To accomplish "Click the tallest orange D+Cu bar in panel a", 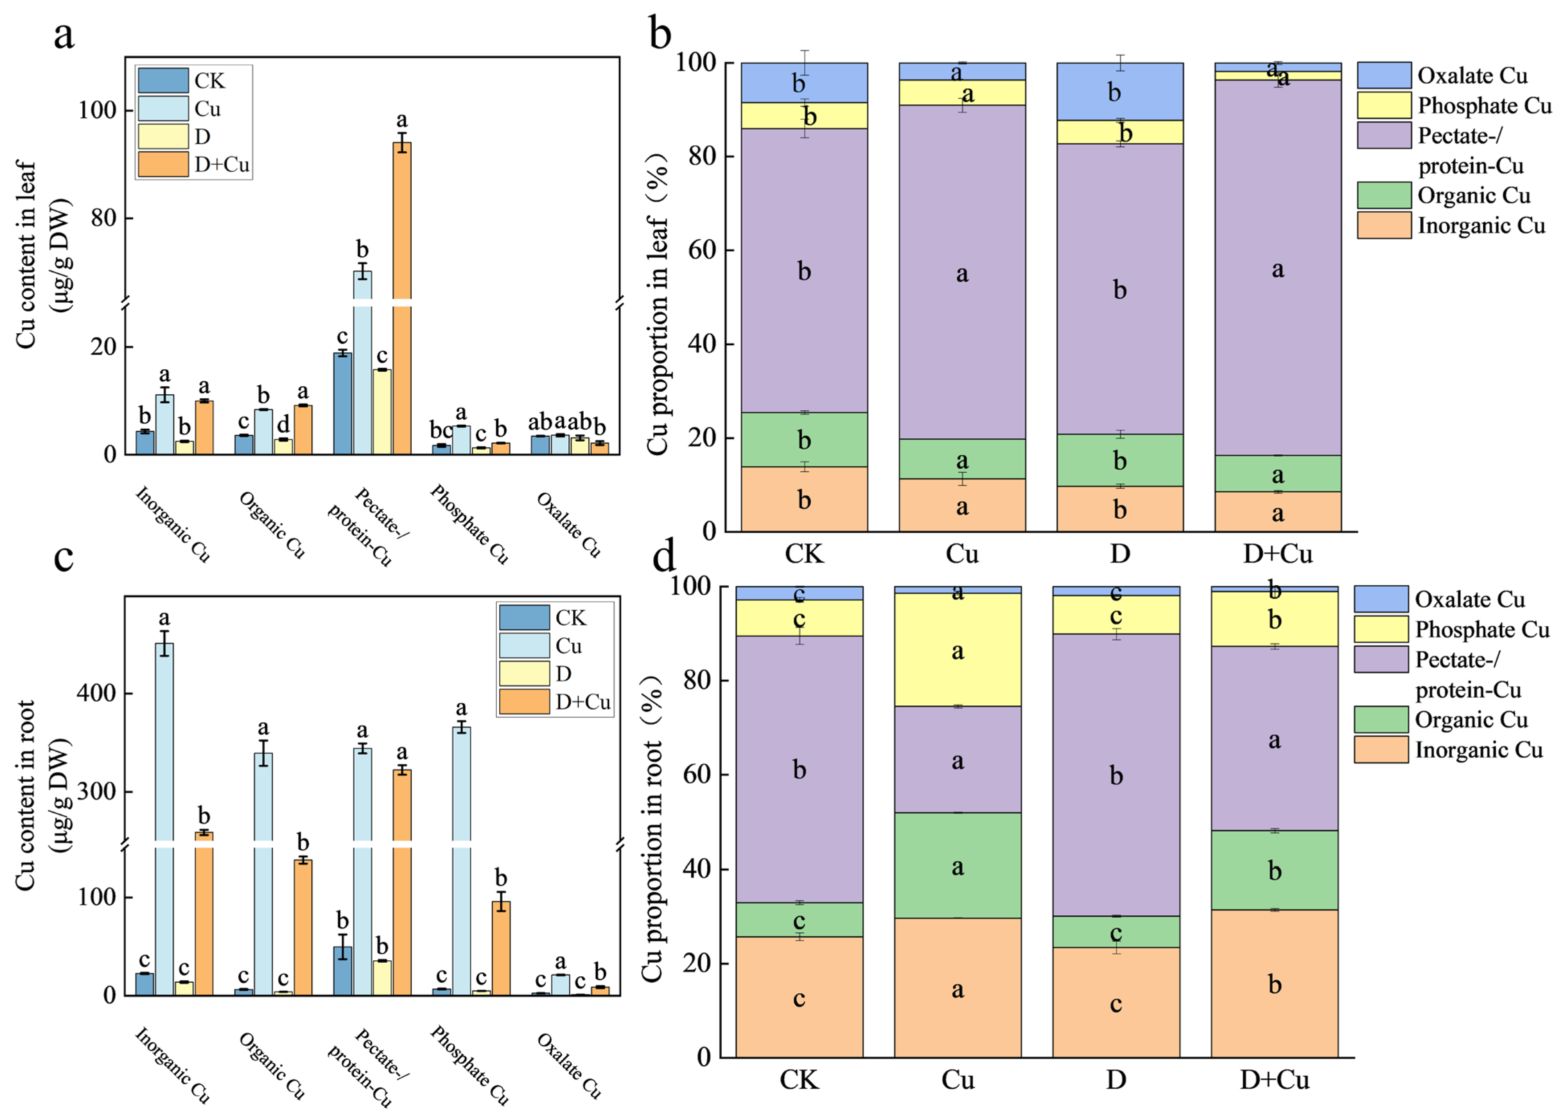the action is [x=402, y=298].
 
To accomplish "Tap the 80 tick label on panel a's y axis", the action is [x=103, y=218].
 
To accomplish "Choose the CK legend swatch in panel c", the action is [x=524, y=617].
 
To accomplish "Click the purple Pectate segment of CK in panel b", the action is [x=805, y=270].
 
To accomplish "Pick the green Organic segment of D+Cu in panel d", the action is [x=1274, y=870].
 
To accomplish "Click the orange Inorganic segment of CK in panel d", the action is [x=800, y=997].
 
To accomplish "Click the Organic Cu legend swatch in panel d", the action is [x=1381, y=719].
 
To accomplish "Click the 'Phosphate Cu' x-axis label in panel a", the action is [x=469, y=525].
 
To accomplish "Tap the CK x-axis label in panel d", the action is [x=800, y=1080].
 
